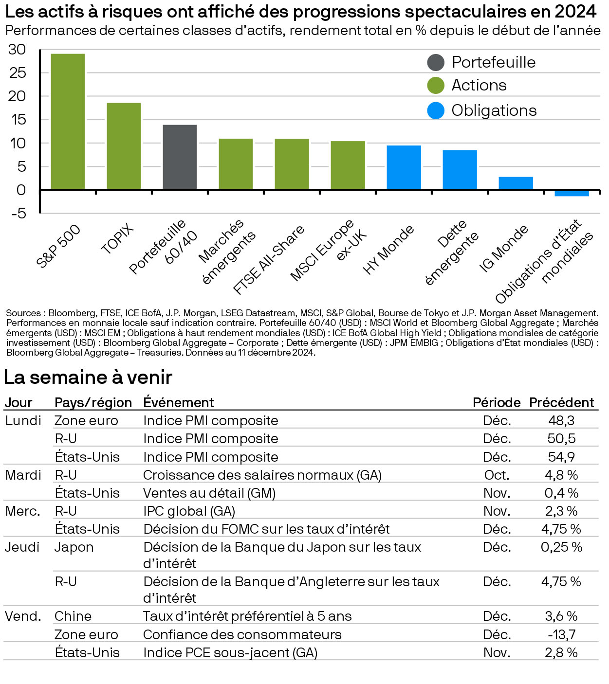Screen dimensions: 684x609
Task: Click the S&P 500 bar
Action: (68, 121)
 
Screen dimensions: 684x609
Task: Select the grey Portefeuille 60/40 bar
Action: (180, 157)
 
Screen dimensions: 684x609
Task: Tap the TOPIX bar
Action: (124, 146)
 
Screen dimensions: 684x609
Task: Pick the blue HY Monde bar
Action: (404, 167)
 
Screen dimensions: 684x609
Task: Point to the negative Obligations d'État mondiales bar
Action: (572, 193)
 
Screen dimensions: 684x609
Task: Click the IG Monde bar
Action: (516, 183)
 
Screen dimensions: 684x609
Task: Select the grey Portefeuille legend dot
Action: (436, 62)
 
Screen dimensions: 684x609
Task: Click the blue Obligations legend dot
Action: (436, 110)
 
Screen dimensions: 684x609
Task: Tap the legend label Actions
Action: (479, 85)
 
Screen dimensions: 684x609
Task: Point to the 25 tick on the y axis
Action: (18, 73)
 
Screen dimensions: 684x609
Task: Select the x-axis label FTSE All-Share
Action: (269, 260)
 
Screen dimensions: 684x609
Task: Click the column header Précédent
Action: (561, 402)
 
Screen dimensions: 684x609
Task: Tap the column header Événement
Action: (179, 402)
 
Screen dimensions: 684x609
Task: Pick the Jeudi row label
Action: (22, 547)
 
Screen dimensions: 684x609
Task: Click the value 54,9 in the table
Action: (561, 457)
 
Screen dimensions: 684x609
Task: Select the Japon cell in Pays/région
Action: (74, 547)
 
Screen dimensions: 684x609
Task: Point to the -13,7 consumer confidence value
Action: (561, 634)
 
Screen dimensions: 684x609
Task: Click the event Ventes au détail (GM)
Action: (209, 493)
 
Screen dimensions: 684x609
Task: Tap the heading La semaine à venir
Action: (88, 377)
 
